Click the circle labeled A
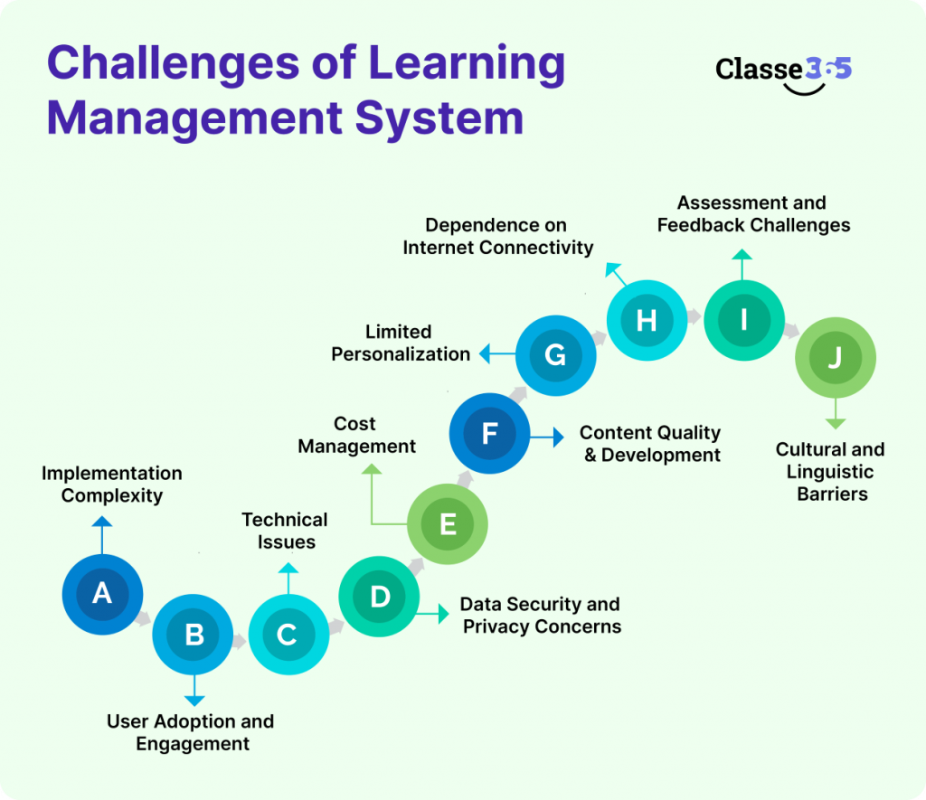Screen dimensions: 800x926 coord(102,594)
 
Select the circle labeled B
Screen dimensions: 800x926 coord(194,635)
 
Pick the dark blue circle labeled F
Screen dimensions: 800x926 coord(489,434)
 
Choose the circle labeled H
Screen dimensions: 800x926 coord(646,320)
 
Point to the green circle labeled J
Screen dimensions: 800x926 coord(834,359)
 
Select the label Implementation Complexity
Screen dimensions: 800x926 coord(112,485)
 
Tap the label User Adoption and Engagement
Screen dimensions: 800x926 coord(191,732)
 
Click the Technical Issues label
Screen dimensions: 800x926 coord(285,531)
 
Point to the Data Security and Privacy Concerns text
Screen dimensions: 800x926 coord(541,615)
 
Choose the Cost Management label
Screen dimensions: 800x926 coord(356,435)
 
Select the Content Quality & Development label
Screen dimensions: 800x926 coord(651,444)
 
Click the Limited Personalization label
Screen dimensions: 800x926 coord(400,343)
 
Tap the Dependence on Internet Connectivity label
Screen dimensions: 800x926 coord(497,236)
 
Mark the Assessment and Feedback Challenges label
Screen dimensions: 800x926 coord(753,214)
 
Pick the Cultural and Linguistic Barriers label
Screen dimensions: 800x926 coord(829,471)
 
